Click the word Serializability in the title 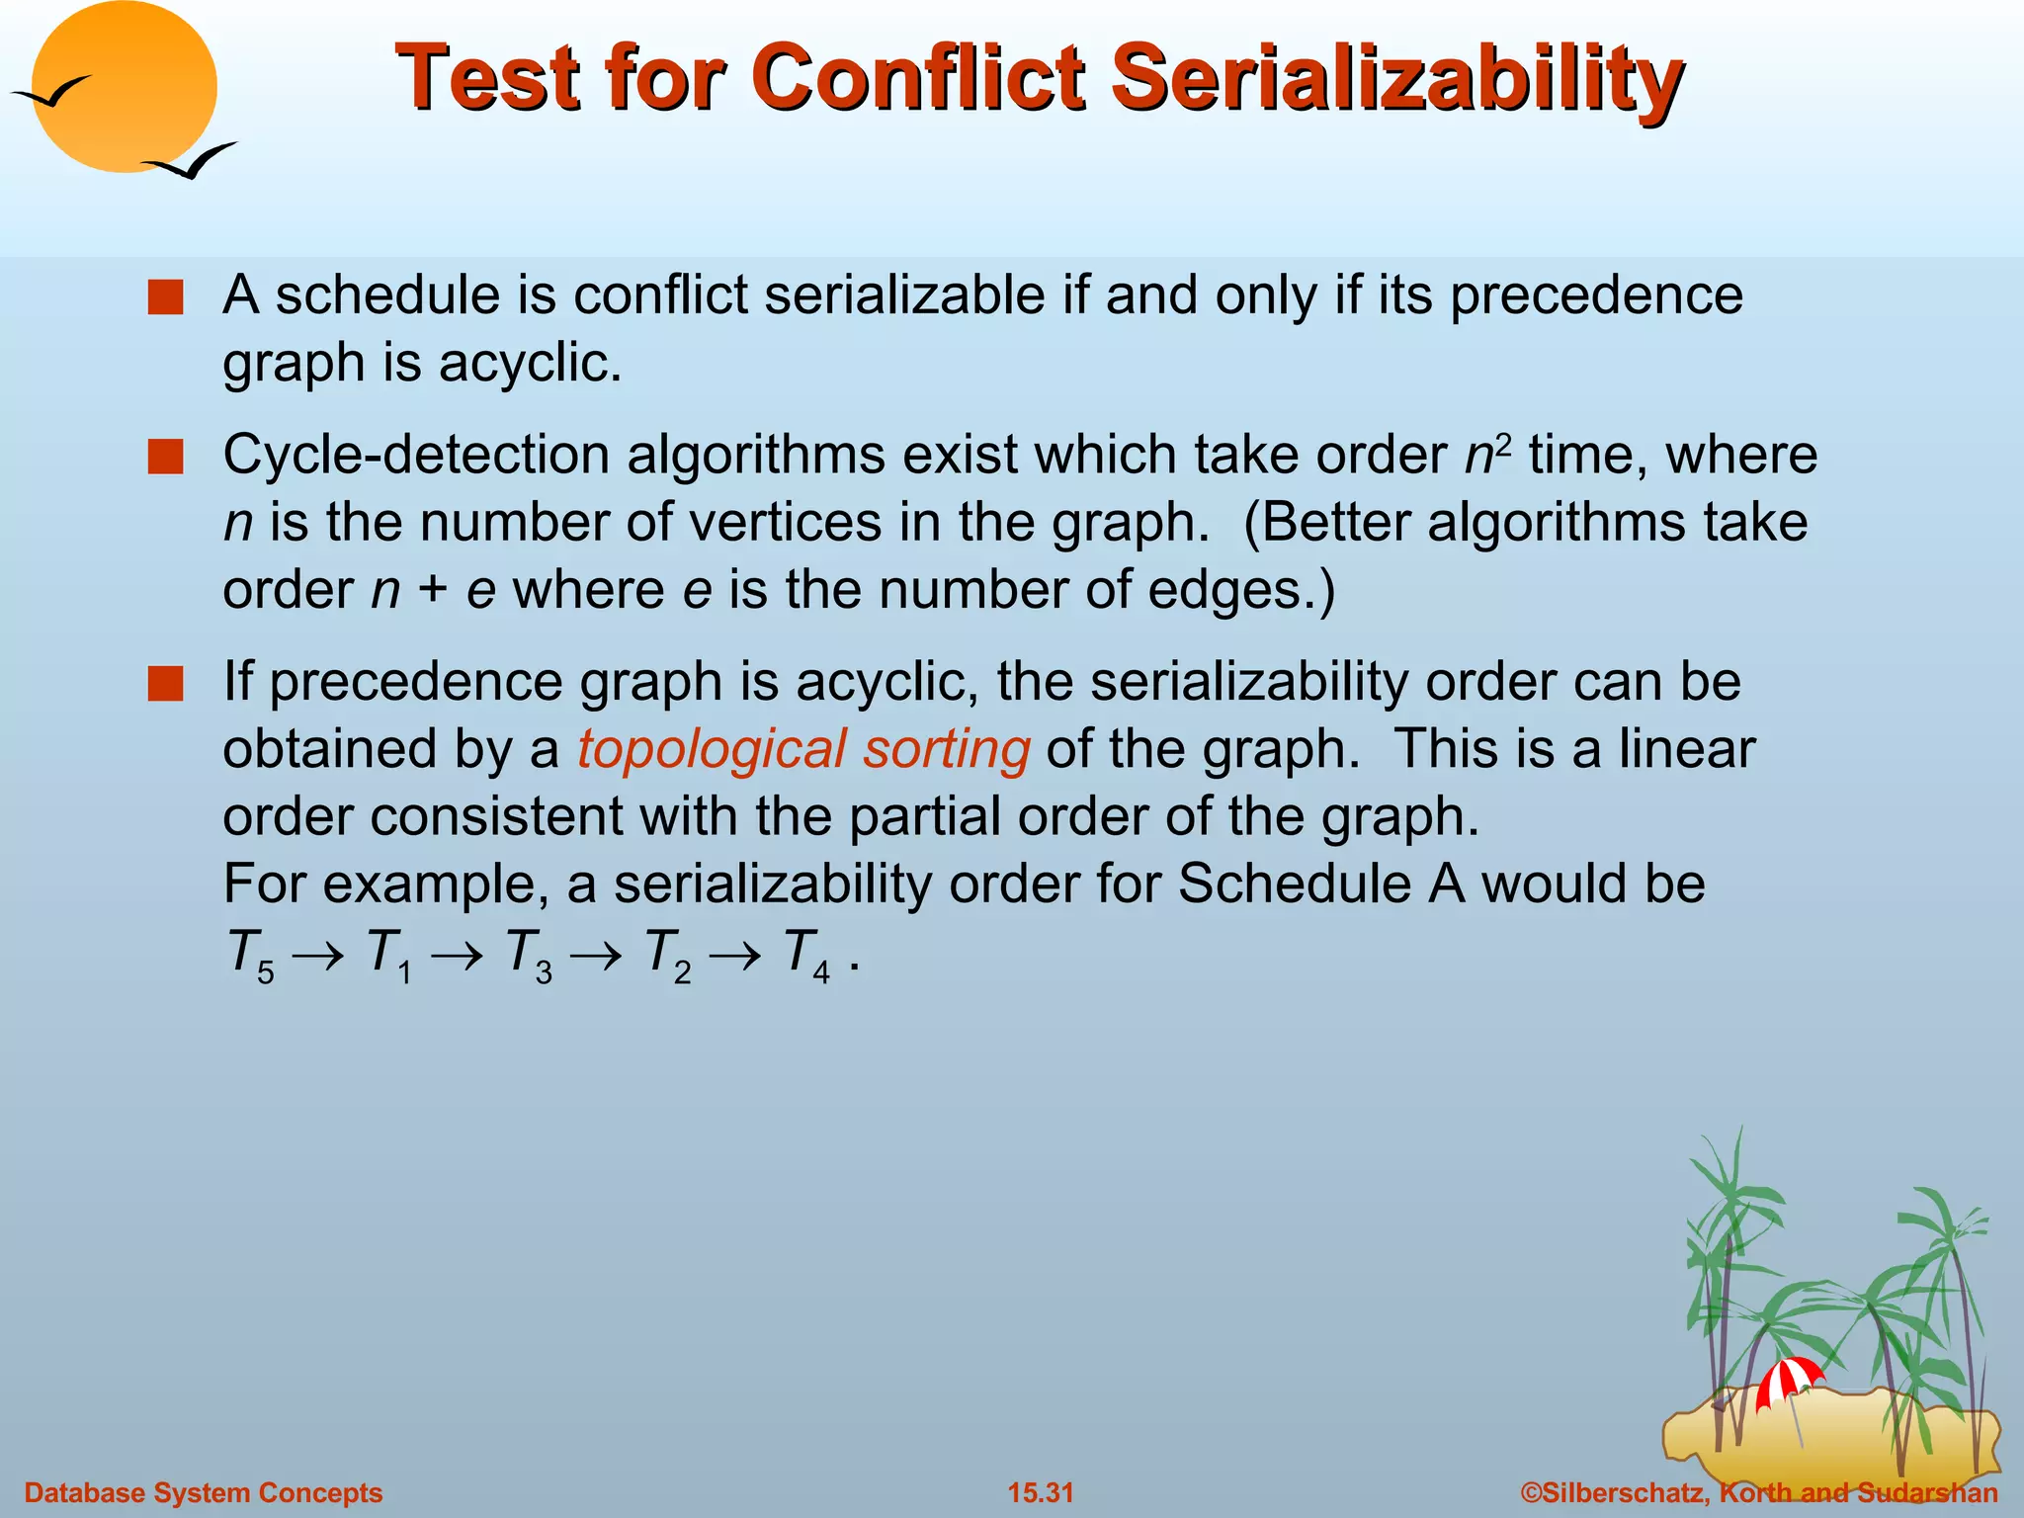point(1395,79)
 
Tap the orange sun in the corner point(124,87)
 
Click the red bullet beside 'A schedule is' point(165,297)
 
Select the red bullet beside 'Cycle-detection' point(165,458)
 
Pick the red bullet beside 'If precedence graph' point(165,683)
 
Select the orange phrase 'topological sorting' point(803,749)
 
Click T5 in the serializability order point(250,955)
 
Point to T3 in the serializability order point(528,955)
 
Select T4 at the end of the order point(805,955)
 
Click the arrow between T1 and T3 point(458,955)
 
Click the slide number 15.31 point(1040,1492)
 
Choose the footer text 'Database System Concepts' point(204,1492)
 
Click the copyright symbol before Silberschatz point(1531,1492)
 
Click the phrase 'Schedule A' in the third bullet point(1320,884)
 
